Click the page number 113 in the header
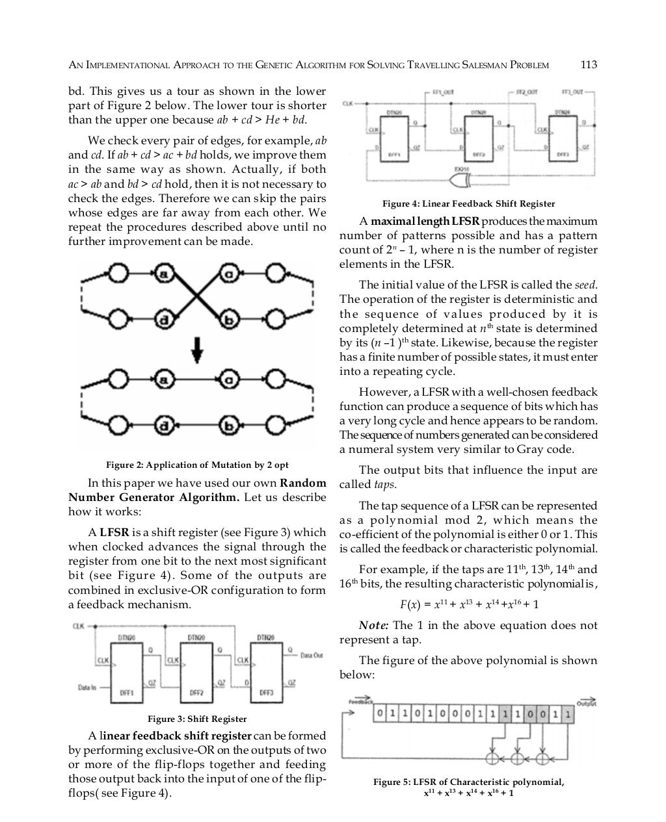pyautogui.click(x=588, y=65)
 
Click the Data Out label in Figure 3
pyautogui.click(x=312, y=655)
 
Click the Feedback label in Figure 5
pyautogui.click(x=361, y=702)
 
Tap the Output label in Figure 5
pyautogui.click(x=586, y=703)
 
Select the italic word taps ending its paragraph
pyautogui.click(x=385, y=485)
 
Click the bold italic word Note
pyautogui.click(x=373, y=626)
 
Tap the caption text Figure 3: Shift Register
pyautogui.click(x=197, y=719)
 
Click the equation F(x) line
pyautogui.click(x=468, y=605)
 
